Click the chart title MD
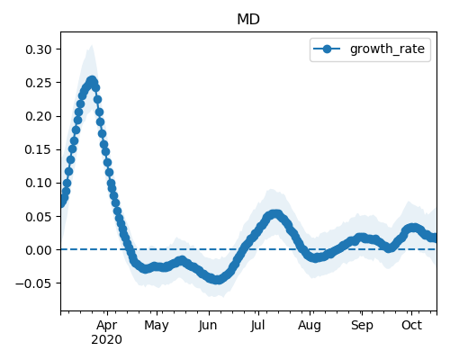[x=248, y=20]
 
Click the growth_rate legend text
[x=387, y=49]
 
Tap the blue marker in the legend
[x=327, y=49]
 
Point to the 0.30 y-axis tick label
[x=39, y=49]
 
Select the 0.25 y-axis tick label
[x=39, y=83]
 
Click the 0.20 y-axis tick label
[x=39, y=116]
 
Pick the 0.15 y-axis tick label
[x=39, y=149]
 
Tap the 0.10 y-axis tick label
[x=39, y=183]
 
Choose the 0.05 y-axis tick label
[x=39, y=217]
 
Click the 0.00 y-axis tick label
[x=39, y=250]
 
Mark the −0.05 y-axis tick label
[x=34, y=283]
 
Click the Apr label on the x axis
[x=107, y=326]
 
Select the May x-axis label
[x=157, y=326]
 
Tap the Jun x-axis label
[x=208, y=325]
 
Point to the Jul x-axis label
[x=257, y=325]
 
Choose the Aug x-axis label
[x=310, y=326]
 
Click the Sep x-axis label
[x=362, y=326]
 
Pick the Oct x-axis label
[x=411, y=325]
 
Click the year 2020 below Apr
[x=107, y=340]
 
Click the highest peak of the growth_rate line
[x=92, y=80]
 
